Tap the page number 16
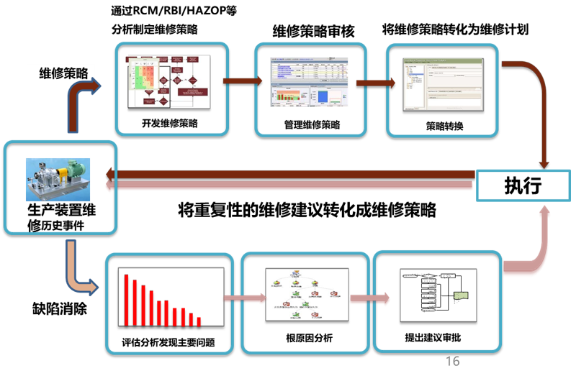[452, 361]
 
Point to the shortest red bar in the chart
[199, 321]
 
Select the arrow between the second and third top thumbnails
[374, 82]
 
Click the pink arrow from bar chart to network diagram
[238, 298]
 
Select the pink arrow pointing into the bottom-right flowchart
[371, 298]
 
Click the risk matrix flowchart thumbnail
[166, 81]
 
